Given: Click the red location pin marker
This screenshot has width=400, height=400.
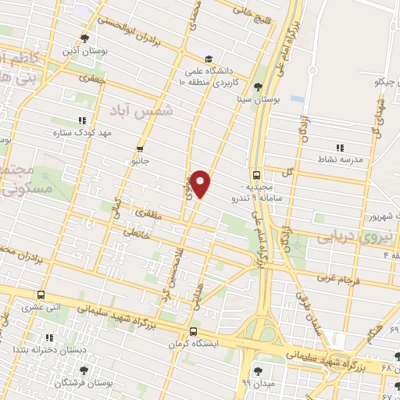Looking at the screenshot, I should coord(201,182).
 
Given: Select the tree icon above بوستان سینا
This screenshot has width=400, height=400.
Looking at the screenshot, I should coord(258,86).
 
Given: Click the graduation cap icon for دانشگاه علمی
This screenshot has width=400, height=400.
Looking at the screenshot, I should coord(208,59).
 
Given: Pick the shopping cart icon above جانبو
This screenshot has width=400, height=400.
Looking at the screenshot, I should coord(140,148).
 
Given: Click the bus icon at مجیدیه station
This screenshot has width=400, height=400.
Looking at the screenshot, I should coord(257,176).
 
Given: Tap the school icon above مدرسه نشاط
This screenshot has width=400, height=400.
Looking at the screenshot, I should coord(339,147).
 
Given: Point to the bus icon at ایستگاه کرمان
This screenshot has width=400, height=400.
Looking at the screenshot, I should coord(194,331).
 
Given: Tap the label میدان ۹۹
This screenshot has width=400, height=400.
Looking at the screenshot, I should coord(256,383).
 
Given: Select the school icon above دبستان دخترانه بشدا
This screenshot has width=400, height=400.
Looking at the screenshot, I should coord(48,338).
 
